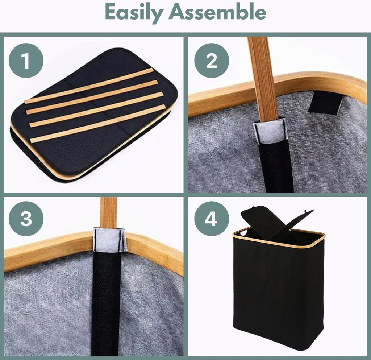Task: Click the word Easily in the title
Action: pyautogui.click(x=134, y=12)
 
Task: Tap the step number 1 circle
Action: pyautogui.click(x=26, y=61)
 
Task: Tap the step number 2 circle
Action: pyautogui.click(x=212, y=61)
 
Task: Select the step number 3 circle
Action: pyautogui.click(x=26, y=219)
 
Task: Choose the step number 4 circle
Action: pyautogui.click(x=212, y=219)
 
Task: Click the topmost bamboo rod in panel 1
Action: pyautogui.click(x=89, y=86)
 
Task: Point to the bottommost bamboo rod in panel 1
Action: pyautogui.click(x=98, y=124)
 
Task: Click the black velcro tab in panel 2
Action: pyautogui.click(x=325, y=103)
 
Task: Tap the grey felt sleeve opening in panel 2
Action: pyautogui.click(x=269, y=130)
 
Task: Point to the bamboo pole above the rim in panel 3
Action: pyautogui.click(x=109, y=213)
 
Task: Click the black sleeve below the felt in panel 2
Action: pyautogui.click(x=276, y=166)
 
